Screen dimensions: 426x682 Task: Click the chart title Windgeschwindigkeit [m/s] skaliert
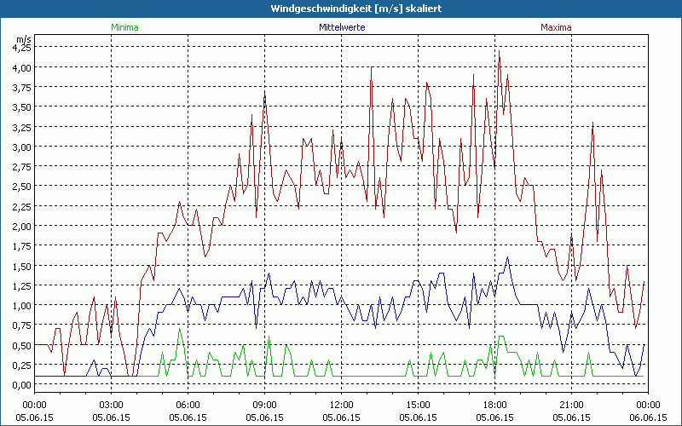click(341, 9)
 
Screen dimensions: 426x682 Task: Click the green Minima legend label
click(124, 27)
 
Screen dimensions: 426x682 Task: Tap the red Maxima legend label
click(557, 27)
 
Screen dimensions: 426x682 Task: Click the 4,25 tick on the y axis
click(20, 47)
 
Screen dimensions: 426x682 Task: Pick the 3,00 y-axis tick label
click(20, 147)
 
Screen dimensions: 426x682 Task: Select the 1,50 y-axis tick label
click(20, 266)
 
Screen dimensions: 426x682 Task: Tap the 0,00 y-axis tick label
click(20, 385)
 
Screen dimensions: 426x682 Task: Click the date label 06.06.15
click(649, 417)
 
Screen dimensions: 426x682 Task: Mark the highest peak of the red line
click(500, 51)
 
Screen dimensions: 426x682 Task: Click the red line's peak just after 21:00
click(592, 123)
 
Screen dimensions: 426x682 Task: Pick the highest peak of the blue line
click(508, 257)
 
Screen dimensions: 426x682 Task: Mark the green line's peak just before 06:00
click(179, 329)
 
